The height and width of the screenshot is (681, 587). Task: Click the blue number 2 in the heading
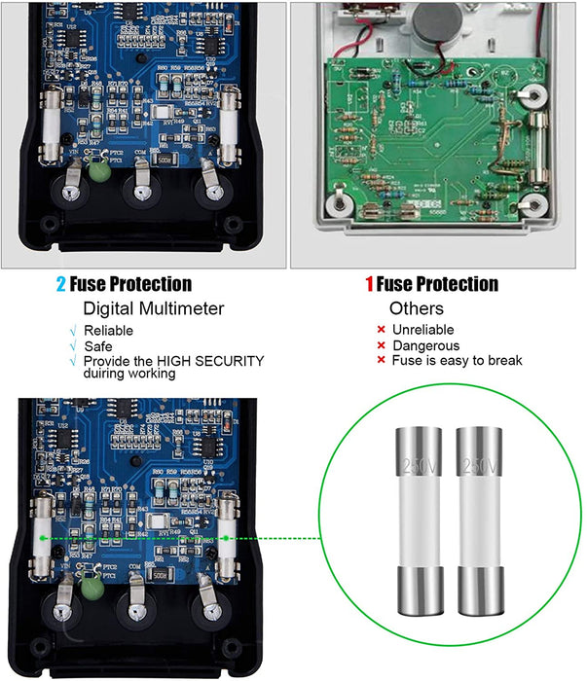pyautogui.click(x=60, y=285)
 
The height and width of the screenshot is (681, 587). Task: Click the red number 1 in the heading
pyautogui.click(x=369, y=285)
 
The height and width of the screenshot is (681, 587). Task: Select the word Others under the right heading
pyautogui.click(x=417, y=308)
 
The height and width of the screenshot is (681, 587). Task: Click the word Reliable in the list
pyautogui.click(x=108, y=331)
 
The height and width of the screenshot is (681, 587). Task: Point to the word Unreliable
pyautogui.click(x=422, y=331)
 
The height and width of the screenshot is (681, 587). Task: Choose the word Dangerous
pyautogui.click(x=425, y=345)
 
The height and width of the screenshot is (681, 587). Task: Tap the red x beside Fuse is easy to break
pyautogui.click(x=381, y=361)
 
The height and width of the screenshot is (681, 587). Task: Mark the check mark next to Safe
pyautogui.click(x=72, y=345)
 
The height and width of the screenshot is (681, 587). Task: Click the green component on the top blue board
pyautogui.click(x=97, y=172)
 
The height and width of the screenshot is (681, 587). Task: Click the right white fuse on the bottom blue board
pyautogui.click(x=228, y=535)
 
